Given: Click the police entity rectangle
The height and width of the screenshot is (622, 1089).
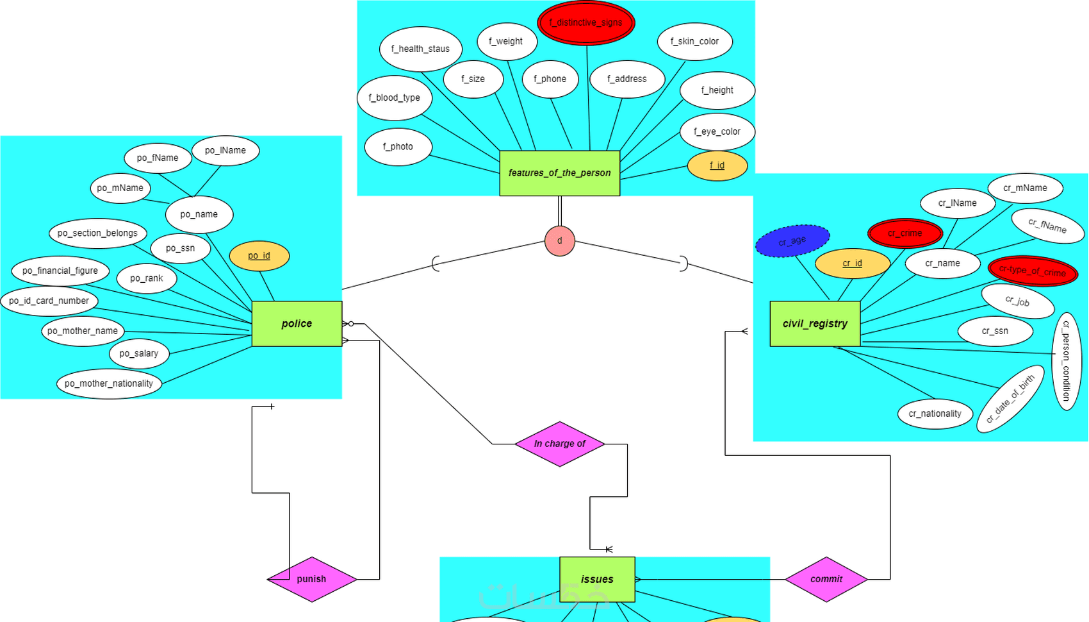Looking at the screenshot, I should tap(297, 324).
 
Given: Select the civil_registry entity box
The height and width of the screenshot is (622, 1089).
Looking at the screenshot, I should tap(814, 324).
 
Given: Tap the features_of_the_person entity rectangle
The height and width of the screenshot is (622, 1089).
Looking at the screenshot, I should tap(559, 173).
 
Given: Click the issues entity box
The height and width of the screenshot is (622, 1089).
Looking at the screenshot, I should tap(597, 579).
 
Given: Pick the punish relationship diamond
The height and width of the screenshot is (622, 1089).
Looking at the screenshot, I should tap(311, 579).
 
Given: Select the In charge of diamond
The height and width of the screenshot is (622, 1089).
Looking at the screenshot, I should tap(559, 444).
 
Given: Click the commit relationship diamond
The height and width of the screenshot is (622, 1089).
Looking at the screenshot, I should tap(826, 579).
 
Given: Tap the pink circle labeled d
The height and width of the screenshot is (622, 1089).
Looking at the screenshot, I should tap(559, 241).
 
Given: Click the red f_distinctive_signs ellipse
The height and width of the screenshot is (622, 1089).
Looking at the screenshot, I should tap(585, 23).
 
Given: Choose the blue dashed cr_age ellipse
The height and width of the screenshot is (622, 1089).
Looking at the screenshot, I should tap(792, 241).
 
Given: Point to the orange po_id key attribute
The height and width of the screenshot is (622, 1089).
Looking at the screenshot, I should tap(259, 256).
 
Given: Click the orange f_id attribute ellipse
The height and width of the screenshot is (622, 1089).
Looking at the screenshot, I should tap(717, 165).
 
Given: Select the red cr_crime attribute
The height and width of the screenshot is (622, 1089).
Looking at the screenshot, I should tap(905, 233).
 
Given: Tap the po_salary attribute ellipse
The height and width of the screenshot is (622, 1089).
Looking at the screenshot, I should tap(138, 353).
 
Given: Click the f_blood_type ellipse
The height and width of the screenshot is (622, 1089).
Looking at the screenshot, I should tap(394, 98).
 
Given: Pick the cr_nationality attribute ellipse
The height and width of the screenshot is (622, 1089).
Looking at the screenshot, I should tap(935, 414).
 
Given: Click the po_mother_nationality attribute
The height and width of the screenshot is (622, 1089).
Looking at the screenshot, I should tap(108, 383).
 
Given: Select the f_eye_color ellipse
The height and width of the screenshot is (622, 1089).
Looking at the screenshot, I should tap(717, 132).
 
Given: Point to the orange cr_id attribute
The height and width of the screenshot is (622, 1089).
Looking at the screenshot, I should tap(852, 264).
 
